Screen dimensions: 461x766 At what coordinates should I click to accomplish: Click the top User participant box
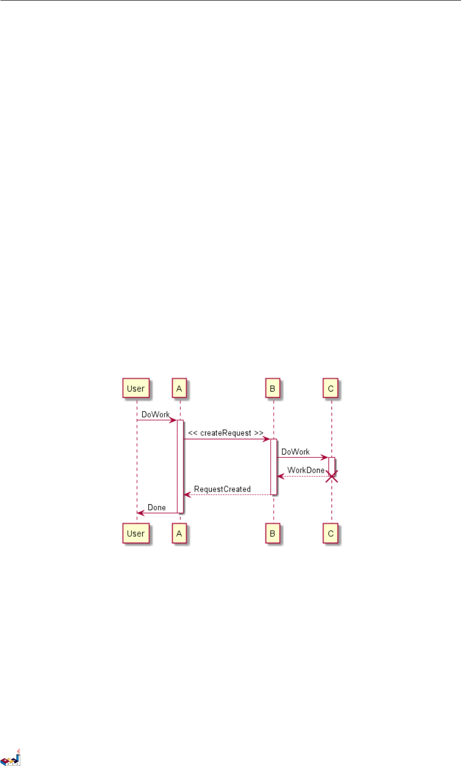tap(136, 389)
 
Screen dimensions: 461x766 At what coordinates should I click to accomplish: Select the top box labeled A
tap(179, 389)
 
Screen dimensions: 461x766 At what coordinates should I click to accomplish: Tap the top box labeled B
tap(273, 389)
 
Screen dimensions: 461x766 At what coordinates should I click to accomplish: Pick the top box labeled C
tap(331, 389)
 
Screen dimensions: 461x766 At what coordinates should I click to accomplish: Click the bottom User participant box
tap(136, 534)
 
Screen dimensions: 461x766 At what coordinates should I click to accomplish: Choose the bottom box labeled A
tap(179, 534)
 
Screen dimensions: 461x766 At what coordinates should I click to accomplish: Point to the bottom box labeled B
tap(273, 534)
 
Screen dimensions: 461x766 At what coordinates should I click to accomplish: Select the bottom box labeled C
tap(331, 534)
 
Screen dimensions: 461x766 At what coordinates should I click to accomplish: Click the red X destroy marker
tap(332, 476)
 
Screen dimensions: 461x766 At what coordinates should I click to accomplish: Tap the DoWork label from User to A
tap(155, 414)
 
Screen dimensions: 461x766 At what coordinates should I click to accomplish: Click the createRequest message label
tap(225, 433)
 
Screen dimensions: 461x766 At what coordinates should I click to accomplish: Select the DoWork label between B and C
tap(295, 451)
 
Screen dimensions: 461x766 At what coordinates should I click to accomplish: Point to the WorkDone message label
tap(306, 470)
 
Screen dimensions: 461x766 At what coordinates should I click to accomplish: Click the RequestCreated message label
tap(222, 489)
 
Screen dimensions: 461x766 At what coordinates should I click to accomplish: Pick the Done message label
tap(157, 507)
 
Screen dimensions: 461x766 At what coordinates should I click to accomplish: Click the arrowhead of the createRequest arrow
tap(267, 439)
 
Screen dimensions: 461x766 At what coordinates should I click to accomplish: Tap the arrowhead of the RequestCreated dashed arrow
tap(187, 495)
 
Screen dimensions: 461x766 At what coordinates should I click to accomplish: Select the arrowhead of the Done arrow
tap(141, 513)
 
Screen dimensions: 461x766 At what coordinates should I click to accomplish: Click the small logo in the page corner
tap(11, 757)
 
